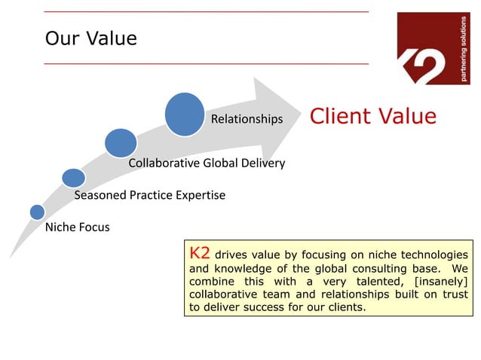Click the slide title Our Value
click(91, 38)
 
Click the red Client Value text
click(373, 116)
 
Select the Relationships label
click(247, 119)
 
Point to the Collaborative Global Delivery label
click(207, 163)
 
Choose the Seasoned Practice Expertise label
click(149, 196)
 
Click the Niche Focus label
click(78, 227)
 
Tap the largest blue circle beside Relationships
click(185, 114)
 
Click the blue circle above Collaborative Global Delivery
click(121, 143)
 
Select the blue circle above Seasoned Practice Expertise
click(73, 178)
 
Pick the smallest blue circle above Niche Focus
click(37, 212)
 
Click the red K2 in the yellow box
click(200, 253)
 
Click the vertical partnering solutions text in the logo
click(464, 47)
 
